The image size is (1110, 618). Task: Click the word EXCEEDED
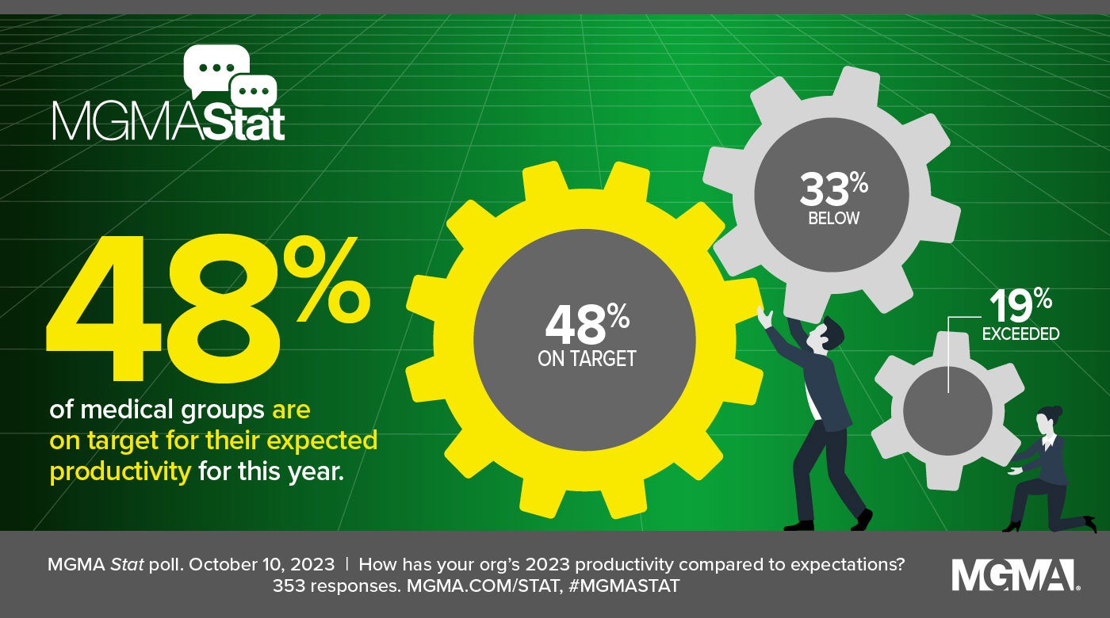point(1020,334)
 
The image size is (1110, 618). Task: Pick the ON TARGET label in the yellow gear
point(587,359)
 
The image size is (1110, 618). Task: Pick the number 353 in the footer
point(287,587)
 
